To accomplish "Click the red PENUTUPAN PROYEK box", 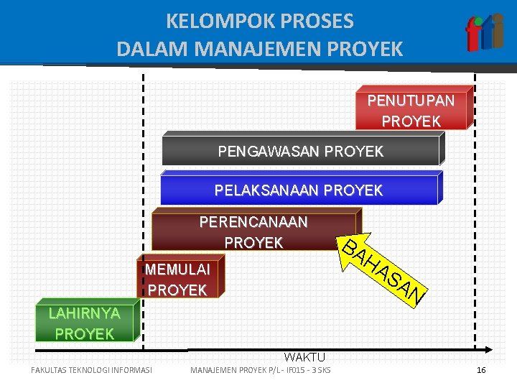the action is coord(412,110).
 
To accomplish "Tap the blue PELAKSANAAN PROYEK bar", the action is coord(298,190).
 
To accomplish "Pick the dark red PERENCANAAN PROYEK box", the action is coord(253,233).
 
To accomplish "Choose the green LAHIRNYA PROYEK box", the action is coord(84,323).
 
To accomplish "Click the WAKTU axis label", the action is coord(304,357).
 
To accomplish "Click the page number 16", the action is coord(481,370).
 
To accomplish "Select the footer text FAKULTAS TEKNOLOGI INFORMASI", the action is coord(91,371).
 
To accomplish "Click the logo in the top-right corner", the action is coord(485,32).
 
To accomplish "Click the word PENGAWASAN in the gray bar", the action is coord(269,152).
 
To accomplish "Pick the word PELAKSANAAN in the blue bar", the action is coord(267,190).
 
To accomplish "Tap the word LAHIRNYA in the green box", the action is coord(84,313).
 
